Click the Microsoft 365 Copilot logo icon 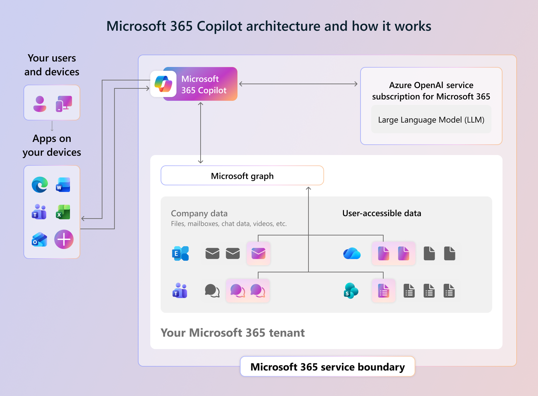point(163,84)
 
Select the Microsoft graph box point(242,176)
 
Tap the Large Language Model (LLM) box point(431,120)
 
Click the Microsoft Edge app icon point(40,185)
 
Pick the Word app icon point(63,185)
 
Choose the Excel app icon point(63,212)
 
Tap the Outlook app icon point(40,239)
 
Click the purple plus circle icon point(64,239)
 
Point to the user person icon point(40,104)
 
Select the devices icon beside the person point(64,104)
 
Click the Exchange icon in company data point(180,253)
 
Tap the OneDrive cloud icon point(352,253)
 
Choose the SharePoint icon point(351,291)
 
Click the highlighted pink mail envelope point(258,253)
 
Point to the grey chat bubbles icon point(212,291)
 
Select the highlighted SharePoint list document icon point(384,291)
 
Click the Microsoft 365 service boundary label point(327,367)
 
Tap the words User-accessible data point(382,213)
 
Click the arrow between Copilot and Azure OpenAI point(298,84)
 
